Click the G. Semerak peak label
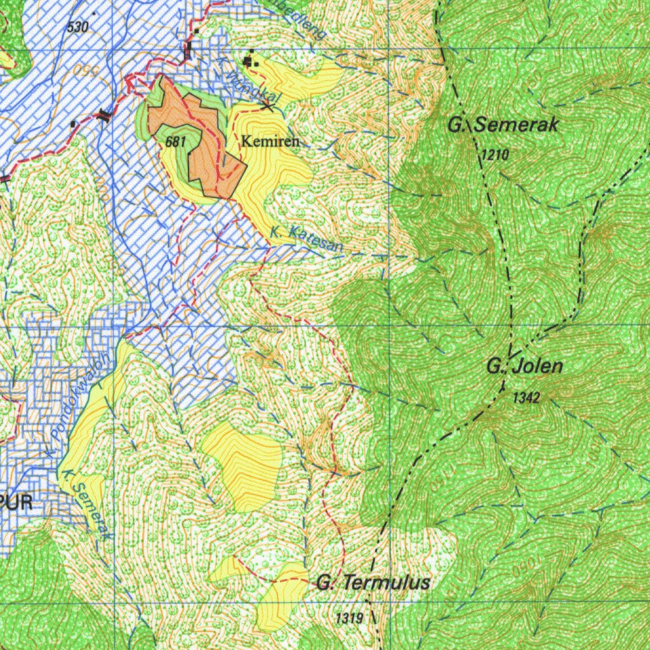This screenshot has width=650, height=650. coord(503,125)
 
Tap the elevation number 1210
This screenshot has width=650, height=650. coord(494,155)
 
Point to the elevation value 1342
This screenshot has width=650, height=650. coord(526,398)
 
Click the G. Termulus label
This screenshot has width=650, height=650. coord(373,583)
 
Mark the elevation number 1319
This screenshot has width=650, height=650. coord(349,617)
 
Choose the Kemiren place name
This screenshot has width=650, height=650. coord(270,141)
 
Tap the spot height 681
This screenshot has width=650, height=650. coord(175,142)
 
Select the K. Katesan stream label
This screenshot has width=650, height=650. coord(307,241)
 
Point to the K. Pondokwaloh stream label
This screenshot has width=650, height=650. coord(78,406)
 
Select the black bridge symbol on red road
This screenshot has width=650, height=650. coord(103,114)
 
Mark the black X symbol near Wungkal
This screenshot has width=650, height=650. coord(268,107)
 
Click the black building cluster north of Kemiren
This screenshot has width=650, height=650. coord(249,61)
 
